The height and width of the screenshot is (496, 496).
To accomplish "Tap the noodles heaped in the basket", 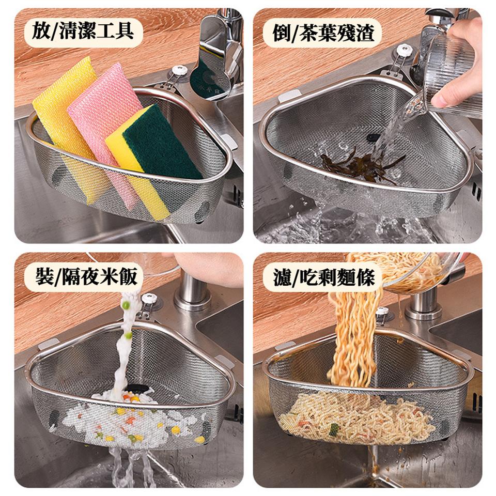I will pyautogui.click(x=357, y=416).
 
